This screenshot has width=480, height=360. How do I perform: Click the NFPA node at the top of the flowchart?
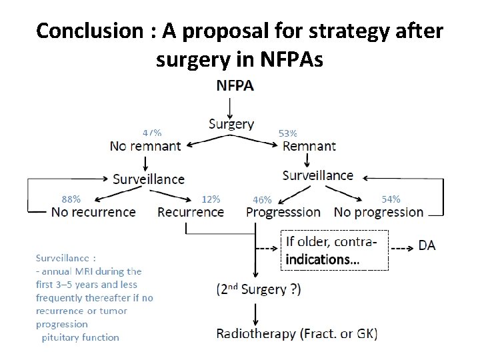pyautogui.click(x=235, y=85)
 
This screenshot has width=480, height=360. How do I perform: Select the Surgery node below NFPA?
pyautogui.click(x=231, y=123)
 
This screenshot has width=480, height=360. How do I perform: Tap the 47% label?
pyautogui.click(x=152, y=133)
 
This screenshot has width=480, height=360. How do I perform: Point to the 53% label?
pyautogui.click(x=287, y=133)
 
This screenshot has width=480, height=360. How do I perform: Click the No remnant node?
pyautogui.click(x=145, y=146)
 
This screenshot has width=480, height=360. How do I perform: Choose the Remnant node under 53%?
pyautogui.click(x=309, y=146)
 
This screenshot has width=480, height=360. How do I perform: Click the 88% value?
pyautogui.click(x=71, y=199)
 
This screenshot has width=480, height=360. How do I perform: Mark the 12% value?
pyautogui.click(x=211, y=199)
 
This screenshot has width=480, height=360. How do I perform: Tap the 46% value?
pyautogui.click(x=262, y=199)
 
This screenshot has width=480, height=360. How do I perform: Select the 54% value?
pyautogui.click(x=391, y=199)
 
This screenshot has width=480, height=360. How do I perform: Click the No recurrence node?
pyautogui.click(x=93, y=212)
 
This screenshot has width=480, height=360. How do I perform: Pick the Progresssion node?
pyautogui.click(x=283, y=212)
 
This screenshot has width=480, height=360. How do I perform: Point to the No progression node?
pyautogui.click(x=379, y=212)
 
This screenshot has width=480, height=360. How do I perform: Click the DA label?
pyautogui.click(x=427, y=245)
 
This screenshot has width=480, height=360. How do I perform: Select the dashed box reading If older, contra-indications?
pyautogui.click(x=335, y=250)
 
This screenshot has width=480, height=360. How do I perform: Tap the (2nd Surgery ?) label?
pyautogui.click(x=258, y=289)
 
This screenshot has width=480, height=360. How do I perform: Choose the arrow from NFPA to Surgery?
pyautogui.click(x=230, y=105)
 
